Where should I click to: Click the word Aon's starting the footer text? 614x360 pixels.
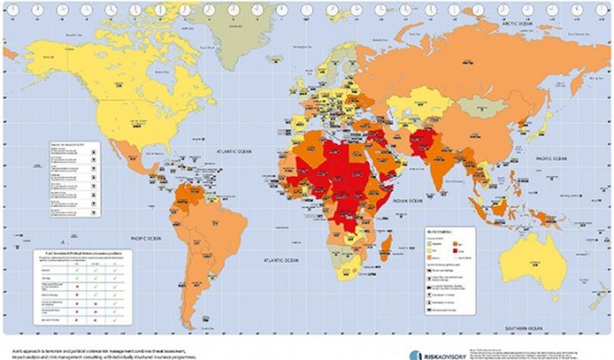click(11, 348)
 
